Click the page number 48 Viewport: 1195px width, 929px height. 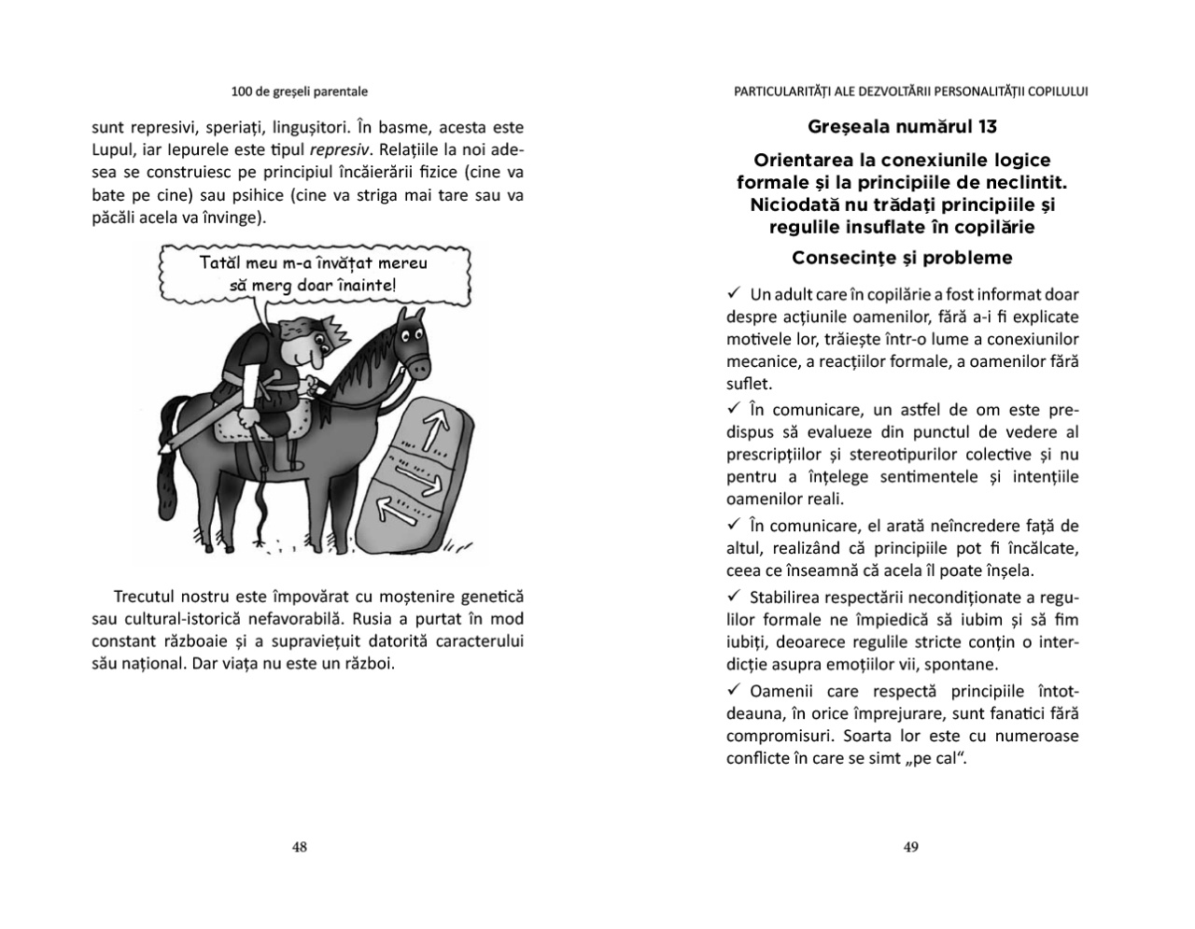pyautogui.click(x=300, y=847)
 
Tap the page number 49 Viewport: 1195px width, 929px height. pyautogui.click(x=911, y=847)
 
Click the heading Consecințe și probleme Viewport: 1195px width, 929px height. pyautogui.click(x=901, y=257)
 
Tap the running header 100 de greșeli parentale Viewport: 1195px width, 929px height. pyautogui.click(x=300, y=91)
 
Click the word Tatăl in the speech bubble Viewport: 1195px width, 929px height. pyautogui.click(x=220, y=263)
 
